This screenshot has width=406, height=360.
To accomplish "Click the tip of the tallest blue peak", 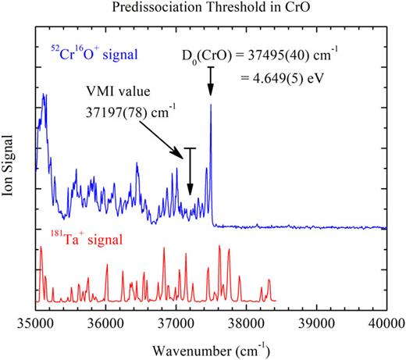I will coord(211,105).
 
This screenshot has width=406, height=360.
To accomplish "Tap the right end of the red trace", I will coord(276,300).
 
